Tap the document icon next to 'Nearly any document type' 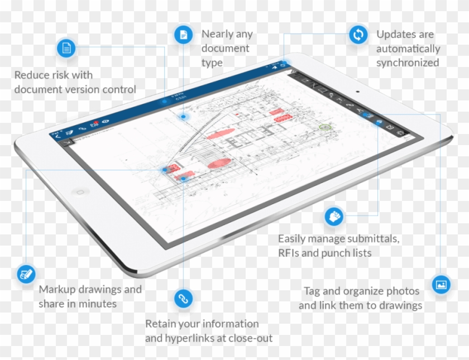182,35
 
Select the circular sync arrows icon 356,35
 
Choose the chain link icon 182,298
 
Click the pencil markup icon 25,273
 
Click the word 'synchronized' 407,63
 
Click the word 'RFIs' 289,253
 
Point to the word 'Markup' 57,289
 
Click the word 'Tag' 312,291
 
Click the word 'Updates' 395,34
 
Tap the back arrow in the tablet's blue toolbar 56,136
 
